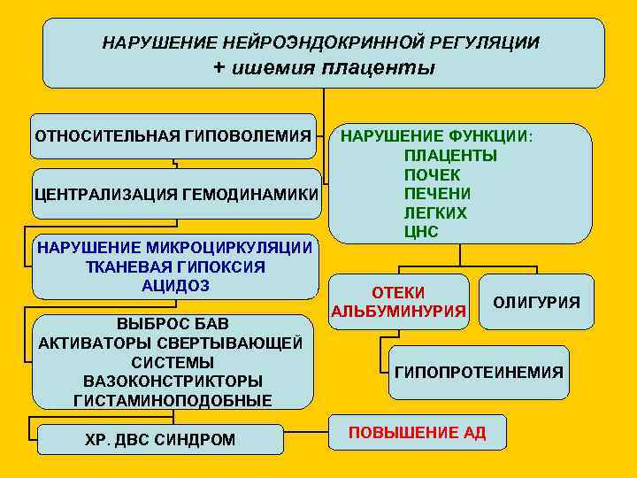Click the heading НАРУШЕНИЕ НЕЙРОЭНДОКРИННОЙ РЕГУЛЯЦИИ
(320, 42)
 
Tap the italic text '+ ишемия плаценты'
(324, 68)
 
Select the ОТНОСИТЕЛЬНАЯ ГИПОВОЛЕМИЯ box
(173, 136)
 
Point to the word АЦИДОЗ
(174, 285)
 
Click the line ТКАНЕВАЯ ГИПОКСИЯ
(174, 266)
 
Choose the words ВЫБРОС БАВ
(173, 324)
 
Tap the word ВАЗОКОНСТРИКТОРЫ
(173, 381)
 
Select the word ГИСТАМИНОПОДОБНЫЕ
(173, 400)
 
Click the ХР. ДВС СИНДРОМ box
(160, 439)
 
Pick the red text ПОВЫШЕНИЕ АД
(417, 433)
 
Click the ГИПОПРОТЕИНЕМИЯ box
(478, 372)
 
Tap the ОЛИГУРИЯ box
(536, 303)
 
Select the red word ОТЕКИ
(398, 292)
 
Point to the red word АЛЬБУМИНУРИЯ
(398, 311)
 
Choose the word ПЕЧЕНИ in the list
(437, 193)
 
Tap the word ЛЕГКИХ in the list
(435, 212)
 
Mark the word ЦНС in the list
(421, 232)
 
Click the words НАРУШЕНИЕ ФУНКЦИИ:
(437, 136)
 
